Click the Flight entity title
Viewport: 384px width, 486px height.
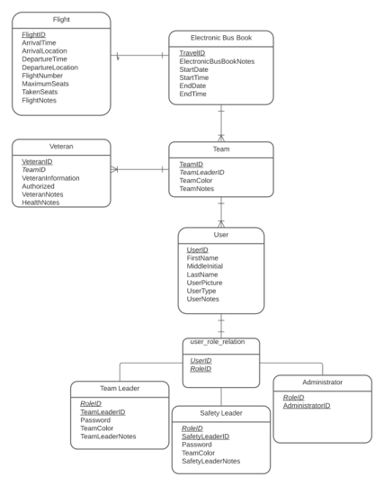click(x=61, y=20)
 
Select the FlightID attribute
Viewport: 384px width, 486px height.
click(x=34, y=35)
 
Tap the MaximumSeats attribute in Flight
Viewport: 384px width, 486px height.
click(x=45, y=84)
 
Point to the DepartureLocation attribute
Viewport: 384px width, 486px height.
click(x=49, y=67)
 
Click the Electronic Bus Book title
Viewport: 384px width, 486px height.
click(x=221, y=38)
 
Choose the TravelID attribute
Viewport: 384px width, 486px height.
click(x=192, y=53)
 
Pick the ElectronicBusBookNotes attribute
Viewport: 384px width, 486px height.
click(x=217, y=61)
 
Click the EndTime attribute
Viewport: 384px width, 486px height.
click(x=193, y=94)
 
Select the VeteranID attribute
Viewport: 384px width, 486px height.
click(x=37, y=161)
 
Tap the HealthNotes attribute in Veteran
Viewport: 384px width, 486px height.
click(x=40, y=202)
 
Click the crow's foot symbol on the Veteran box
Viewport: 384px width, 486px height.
click(x=114, y=169)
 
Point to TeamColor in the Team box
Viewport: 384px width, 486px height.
click(x=196, y=180)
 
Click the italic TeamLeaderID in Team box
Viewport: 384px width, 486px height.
click(x=201, y=172)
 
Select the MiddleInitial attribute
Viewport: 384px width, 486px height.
click(x=205, y=266)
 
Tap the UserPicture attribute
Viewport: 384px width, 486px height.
click(x=204, y=283)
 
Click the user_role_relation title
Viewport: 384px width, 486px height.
click(x=218, y=342)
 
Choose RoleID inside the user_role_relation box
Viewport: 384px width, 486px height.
click(x=201, y=369)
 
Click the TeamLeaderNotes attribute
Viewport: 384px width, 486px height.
click(x=108, y=436)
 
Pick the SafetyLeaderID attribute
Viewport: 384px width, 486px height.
click(x=206, y=436)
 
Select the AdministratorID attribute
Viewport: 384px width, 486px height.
click(x=307, y=406)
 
